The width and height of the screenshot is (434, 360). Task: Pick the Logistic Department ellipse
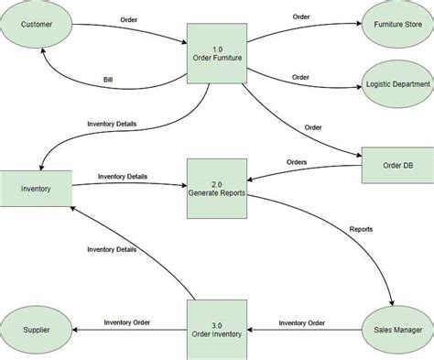[396, 83]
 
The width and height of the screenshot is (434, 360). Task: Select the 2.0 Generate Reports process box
[217, 189]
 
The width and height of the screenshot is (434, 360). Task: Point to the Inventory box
[36, 190]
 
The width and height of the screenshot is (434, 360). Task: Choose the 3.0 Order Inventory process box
[217, 328]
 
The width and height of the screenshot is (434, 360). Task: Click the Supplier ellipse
[37, 329]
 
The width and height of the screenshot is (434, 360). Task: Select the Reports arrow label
[361, 228]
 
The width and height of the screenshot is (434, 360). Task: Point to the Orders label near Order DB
[296, 162]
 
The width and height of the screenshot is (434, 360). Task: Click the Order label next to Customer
[130, 19]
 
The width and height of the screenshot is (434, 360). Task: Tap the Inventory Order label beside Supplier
[126, 322]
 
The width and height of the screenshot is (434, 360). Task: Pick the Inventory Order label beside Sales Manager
[301, 322]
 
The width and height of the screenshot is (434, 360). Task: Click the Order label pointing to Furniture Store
[300, 16]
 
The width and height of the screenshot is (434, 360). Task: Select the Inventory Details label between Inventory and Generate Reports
[122, 176]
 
